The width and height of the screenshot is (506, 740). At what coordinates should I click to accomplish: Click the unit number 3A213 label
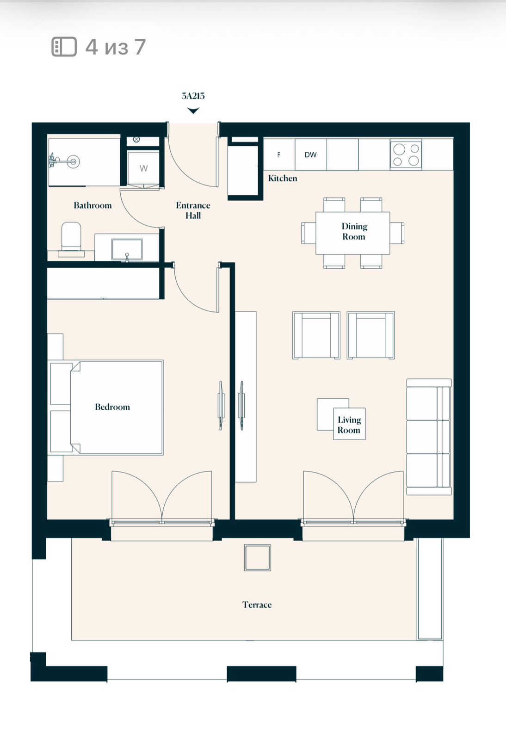193,96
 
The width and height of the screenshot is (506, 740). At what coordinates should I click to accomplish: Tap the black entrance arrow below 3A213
193,111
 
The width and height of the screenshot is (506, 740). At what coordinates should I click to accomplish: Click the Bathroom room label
93,205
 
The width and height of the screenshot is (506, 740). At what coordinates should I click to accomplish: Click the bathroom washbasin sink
127,249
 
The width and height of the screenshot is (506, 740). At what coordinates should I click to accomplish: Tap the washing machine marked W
143,168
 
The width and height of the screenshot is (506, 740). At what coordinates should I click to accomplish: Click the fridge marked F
279,154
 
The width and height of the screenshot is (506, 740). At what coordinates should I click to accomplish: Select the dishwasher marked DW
310,154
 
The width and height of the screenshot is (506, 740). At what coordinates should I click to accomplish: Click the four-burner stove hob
406,155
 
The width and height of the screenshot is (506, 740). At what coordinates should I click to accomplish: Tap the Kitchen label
283,179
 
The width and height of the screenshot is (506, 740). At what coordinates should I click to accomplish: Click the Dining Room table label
354,232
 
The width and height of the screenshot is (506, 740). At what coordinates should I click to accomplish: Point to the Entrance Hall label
193,210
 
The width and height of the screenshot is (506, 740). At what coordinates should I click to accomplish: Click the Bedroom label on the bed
112,407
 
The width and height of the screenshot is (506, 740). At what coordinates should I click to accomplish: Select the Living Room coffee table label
349,425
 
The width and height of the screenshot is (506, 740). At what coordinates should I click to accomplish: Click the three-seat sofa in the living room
429,437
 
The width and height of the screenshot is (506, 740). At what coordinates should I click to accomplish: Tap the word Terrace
257,605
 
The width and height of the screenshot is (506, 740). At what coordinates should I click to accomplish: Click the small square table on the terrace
257,557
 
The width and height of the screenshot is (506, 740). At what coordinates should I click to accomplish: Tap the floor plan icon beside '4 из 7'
64,47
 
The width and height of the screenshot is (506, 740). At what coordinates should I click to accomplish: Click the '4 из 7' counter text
116,47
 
